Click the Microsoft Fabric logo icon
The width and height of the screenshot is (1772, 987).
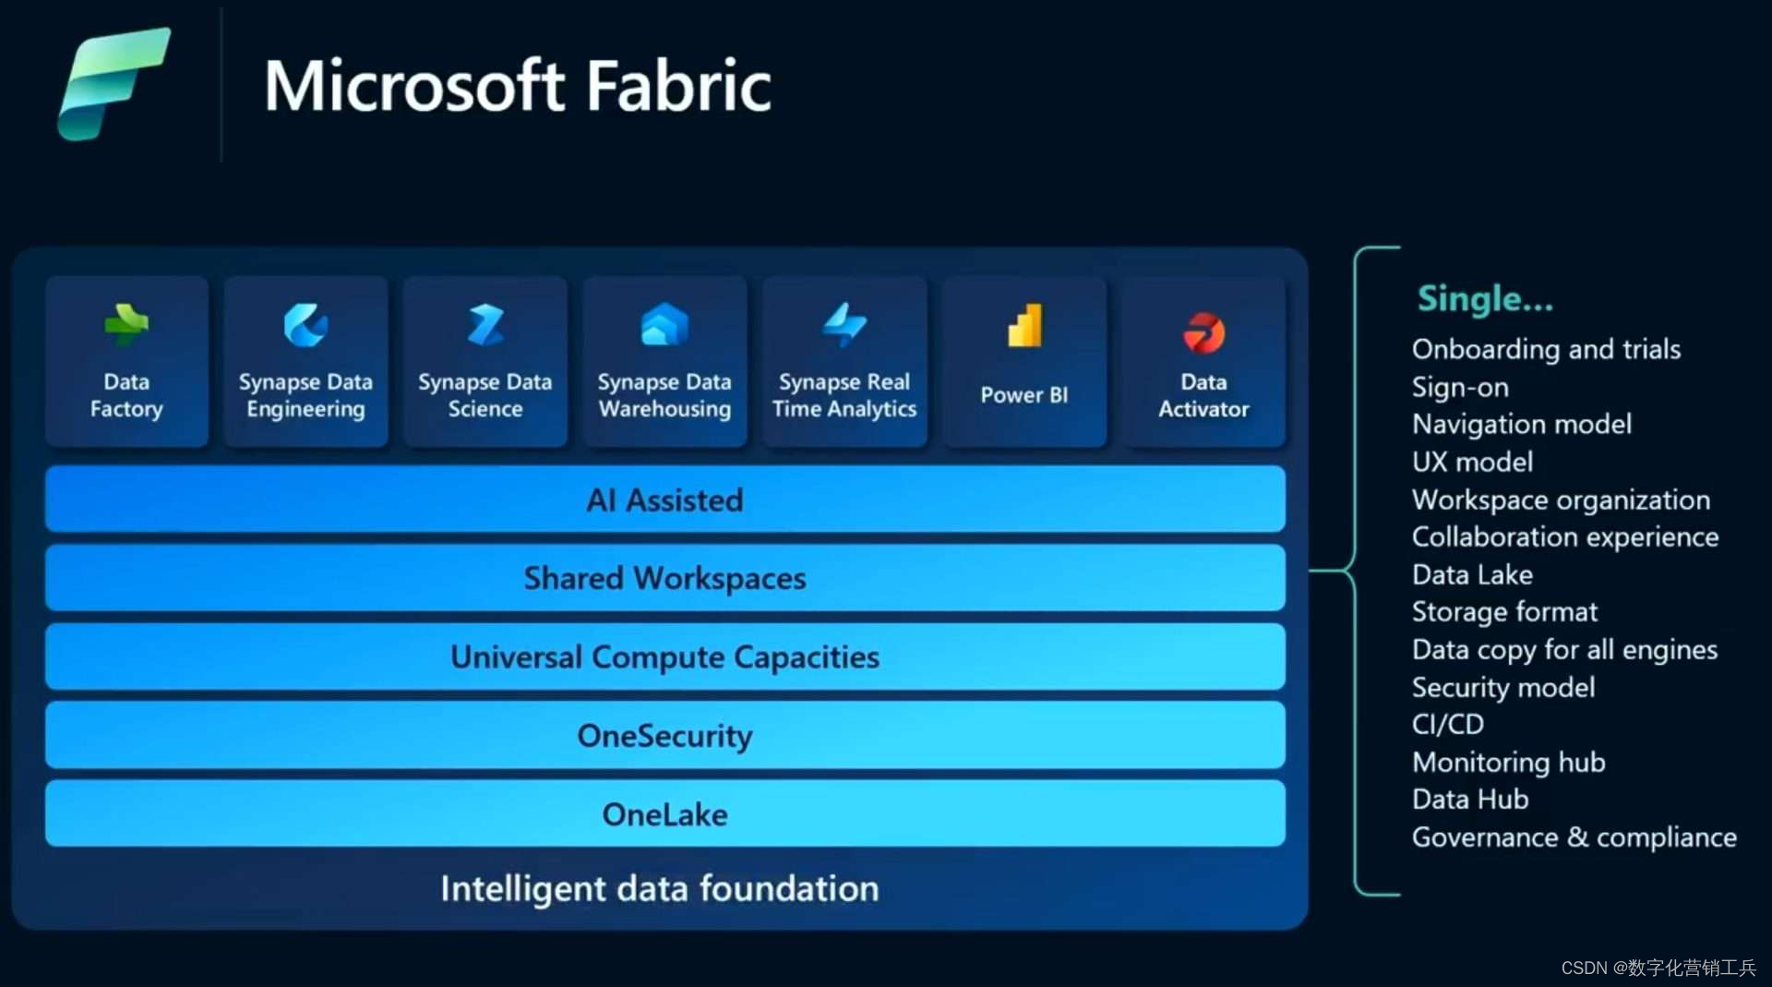(x=114, y=83)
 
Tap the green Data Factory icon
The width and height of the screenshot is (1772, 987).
(x=126, y=325)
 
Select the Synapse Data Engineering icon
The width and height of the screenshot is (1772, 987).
(x=305, y=325)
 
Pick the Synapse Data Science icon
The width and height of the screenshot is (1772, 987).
(x=485, y=325)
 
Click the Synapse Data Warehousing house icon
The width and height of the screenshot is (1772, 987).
(x=664, y=325)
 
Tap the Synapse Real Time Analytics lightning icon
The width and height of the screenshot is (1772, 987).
(x=844, y=325)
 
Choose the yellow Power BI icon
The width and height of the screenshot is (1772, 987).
(x=1024, y=326)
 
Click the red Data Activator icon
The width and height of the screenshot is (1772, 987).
(x=1203, y=332)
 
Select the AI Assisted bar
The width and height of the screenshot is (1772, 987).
(x=664, y=500)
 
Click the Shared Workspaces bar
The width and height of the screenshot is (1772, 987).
(x=664, y=578)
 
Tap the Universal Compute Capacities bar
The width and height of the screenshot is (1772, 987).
(x=664, y=656)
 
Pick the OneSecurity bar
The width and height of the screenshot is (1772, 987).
(x=664, y=736)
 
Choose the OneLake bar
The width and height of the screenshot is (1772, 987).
(x=664, y=814)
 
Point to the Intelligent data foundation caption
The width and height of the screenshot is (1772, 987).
(x=659, y=888)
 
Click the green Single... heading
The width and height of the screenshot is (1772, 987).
(x=1485, y=299)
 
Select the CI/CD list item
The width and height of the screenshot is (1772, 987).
(x=1448, y=724)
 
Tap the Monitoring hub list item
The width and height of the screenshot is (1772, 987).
(x=1509, y=762)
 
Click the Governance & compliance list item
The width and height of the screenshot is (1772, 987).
(x=1574, y=837)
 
